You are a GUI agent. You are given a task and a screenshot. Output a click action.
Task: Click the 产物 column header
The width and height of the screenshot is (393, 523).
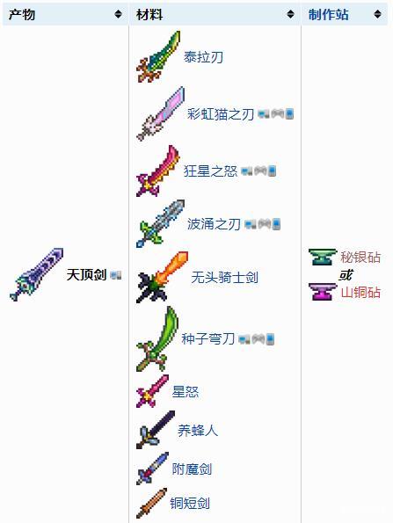coord(22,14)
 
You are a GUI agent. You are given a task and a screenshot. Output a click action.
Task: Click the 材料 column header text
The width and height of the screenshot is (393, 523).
coord(149,14)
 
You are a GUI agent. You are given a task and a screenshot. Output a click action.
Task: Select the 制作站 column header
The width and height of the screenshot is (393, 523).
coord(329,14)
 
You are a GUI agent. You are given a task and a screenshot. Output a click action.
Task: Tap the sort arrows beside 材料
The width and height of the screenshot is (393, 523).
coord(291,14)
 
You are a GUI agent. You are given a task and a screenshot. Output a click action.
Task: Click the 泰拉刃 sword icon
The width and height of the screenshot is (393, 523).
coord(158,57)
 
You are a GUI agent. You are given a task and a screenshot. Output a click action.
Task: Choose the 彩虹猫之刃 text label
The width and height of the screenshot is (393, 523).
coord(221,114)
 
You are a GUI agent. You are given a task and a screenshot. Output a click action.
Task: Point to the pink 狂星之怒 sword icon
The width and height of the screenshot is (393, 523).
coord(157,171)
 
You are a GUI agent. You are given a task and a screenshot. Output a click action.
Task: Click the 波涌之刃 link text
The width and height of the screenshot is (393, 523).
coord(214,224)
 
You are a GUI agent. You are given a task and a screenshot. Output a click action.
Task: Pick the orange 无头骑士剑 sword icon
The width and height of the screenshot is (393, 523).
coord(162,277)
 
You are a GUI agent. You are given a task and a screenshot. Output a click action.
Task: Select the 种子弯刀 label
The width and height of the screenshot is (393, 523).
coord(208,339)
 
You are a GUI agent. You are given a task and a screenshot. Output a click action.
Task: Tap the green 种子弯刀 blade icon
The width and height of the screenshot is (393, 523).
coord(157,339)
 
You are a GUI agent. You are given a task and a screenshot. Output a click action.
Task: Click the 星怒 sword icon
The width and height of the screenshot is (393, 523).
coord(152,391)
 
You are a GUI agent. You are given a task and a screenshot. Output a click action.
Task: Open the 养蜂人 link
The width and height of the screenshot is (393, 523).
coord(198,431)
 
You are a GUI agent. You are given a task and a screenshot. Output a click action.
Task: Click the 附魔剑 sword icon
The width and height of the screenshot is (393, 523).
coord(152,469)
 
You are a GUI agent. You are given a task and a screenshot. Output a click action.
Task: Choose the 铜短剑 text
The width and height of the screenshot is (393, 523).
coord(190,503)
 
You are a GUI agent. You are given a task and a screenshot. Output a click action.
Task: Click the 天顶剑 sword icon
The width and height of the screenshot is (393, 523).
coord(37,274)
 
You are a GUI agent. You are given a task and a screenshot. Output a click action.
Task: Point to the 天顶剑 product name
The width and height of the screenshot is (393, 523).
coord(86,275)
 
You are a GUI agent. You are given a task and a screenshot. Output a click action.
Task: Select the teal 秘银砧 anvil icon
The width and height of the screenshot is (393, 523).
coord(323,258)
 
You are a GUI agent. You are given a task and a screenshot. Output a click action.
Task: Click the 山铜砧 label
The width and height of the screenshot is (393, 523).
coord(360,293)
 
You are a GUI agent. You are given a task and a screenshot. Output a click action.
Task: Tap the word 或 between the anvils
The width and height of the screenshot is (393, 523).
coord(346,275)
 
